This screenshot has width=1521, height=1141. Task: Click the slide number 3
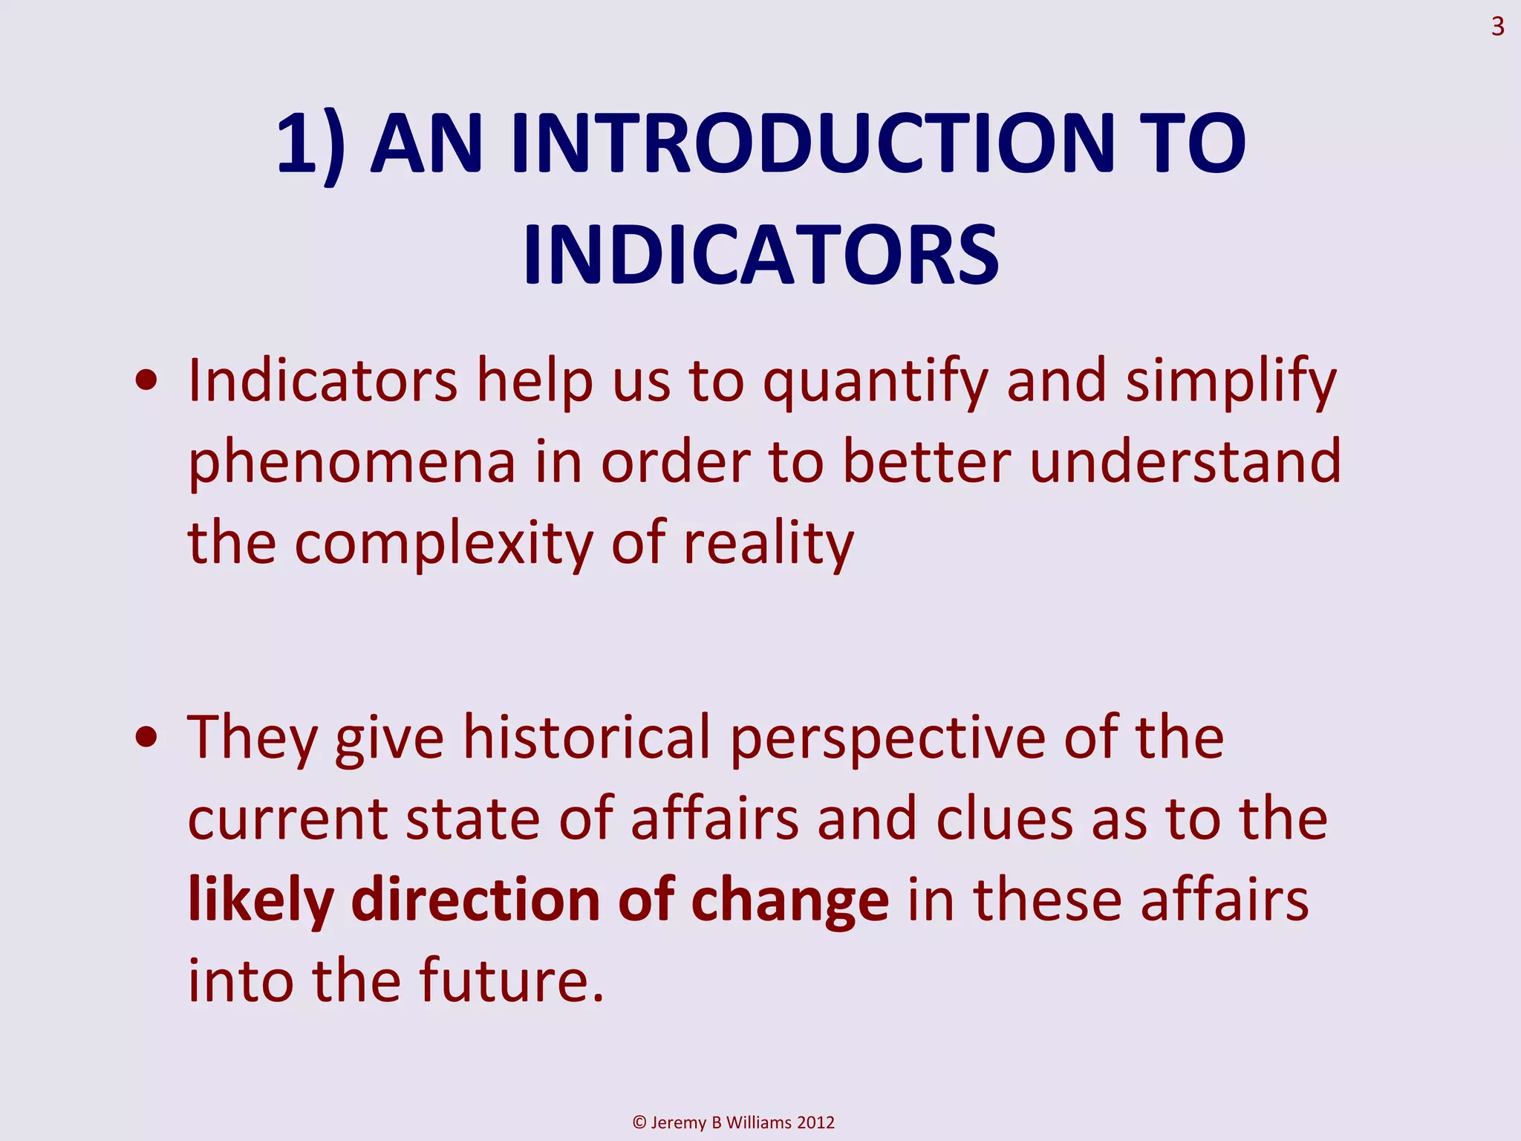(x=1497, y=27)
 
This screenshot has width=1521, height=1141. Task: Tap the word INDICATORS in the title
(x=760, y=255)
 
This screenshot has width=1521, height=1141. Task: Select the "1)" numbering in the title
(x=310, y=145)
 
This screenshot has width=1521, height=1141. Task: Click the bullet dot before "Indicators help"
(x=147, y=382)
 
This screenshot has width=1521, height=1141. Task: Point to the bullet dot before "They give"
(x=147, y=738)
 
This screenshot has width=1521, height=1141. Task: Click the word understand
(x=1185, y=462)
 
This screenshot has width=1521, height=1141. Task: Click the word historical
(x=587, y=738)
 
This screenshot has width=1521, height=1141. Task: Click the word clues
(x=1004, y=819)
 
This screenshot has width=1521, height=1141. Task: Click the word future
(x=511, y=981)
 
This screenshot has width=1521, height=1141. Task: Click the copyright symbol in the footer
(x=639, y=1122)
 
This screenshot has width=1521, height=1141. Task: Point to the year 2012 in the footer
(x=815, y=1122)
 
